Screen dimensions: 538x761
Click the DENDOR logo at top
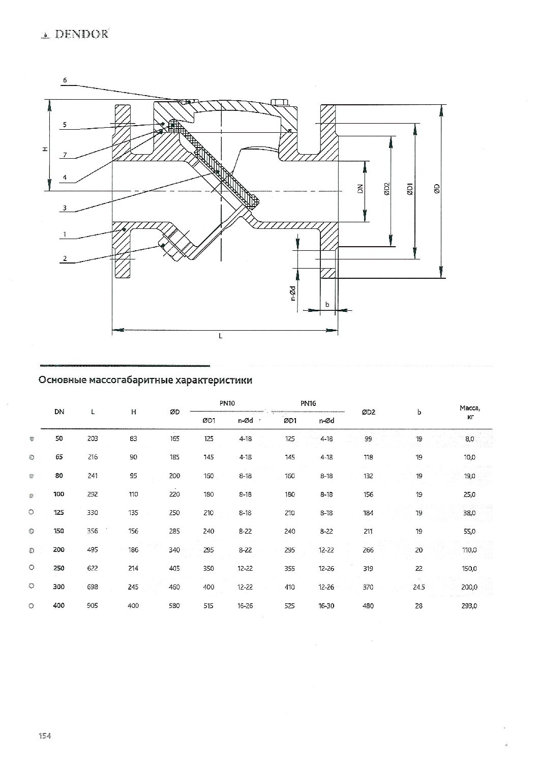coord(75,34)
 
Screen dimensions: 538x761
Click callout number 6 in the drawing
coord(65,80)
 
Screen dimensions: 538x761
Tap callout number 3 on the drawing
coord(65,208)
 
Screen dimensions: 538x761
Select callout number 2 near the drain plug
coord(65,258)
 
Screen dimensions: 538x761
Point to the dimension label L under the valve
coord(220,336)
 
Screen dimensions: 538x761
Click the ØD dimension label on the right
coord(437,189)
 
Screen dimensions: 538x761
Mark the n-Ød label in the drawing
coord(293,294)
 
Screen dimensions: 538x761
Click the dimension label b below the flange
coord(327,304)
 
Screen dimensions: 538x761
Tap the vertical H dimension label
coord(45,149)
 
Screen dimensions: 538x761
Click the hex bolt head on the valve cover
coord(279,103)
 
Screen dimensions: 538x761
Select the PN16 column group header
coord(308,403)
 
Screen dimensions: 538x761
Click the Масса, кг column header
coord(470,412)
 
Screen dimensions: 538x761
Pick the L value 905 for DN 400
coord(93,605)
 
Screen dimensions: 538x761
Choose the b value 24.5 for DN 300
coord(419,587)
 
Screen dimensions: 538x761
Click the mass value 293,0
coord(469,605)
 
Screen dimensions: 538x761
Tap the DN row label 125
coord(59,512)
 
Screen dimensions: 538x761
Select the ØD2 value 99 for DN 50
coord(368,438)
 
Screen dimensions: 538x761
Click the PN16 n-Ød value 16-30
coord(326,605)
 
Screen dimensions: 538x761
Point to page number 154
coord(45,736)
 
